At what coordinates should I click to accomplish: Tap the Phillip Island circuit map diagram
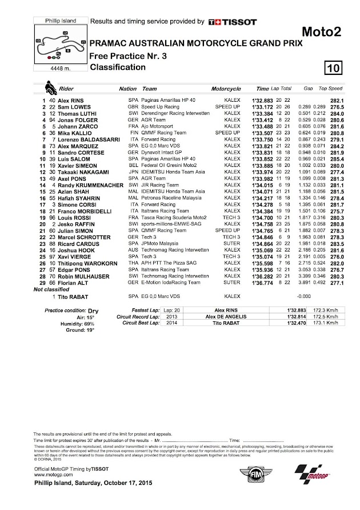60,43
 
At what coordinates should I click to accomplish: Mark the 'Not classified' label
52,290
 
